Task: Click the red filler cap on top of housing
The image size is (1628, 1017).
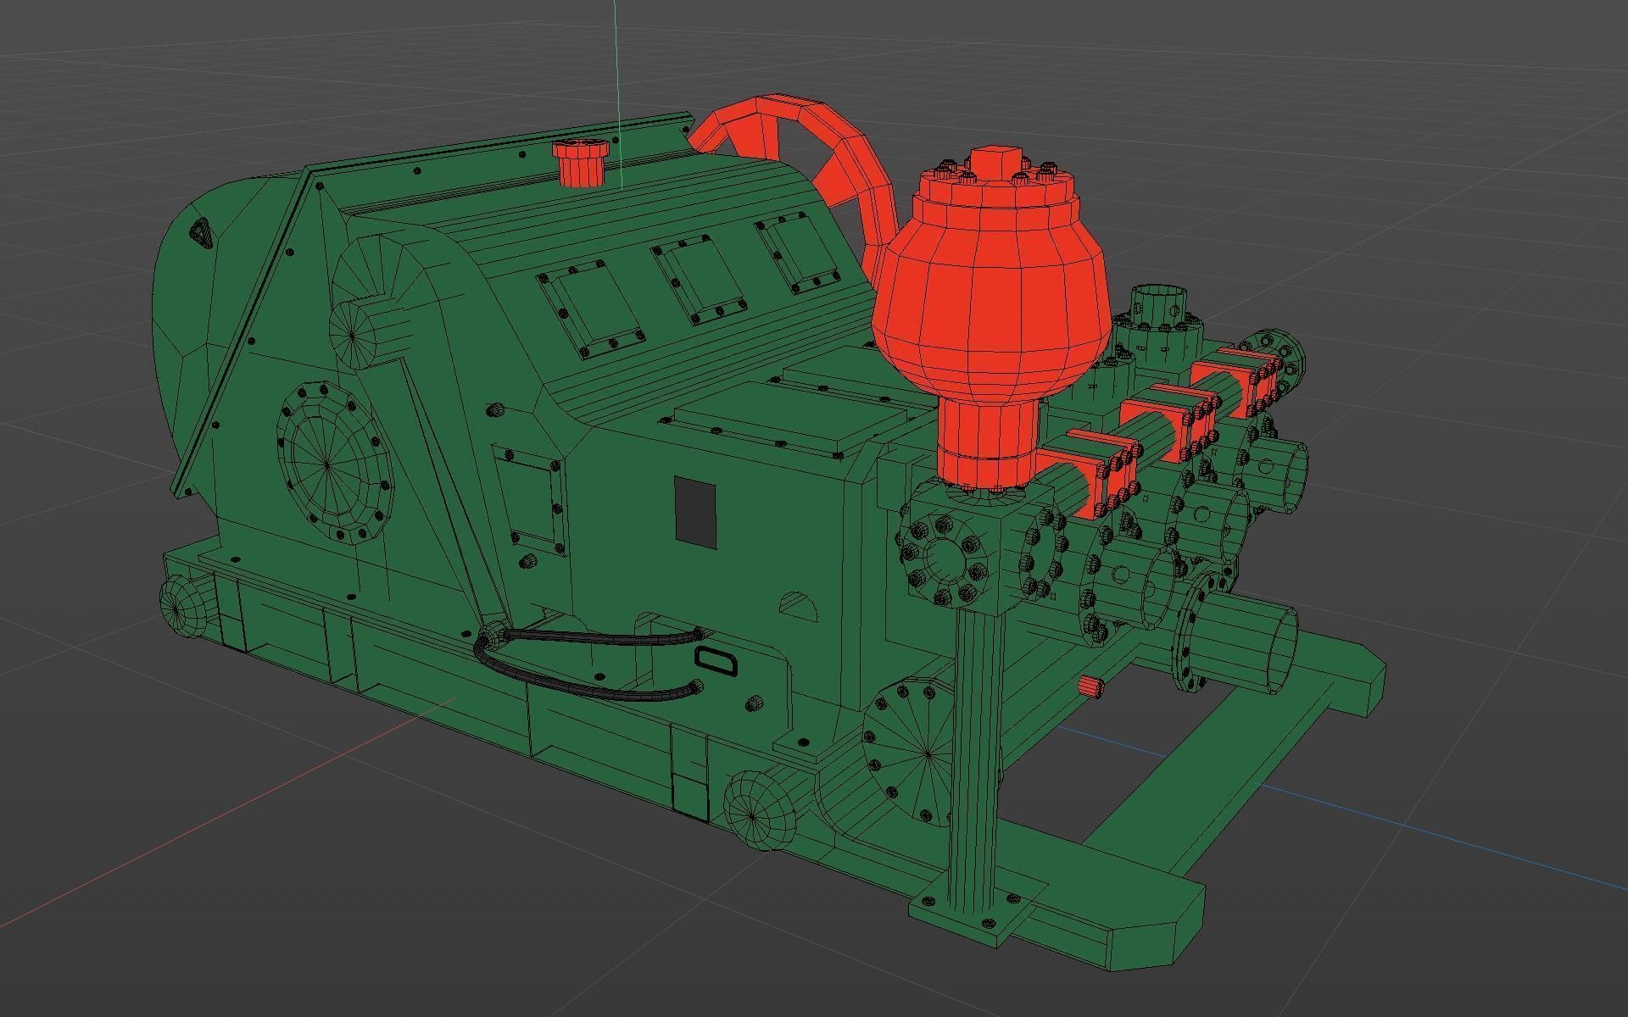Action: (580, 163)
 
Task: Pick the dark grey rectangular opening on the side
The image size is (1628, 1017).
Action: (695, 511)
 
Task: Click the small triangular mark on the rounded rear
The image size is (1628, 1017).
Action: (201, 231)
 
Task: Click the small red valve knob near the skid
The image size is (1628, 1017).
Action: (1091, 686)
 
